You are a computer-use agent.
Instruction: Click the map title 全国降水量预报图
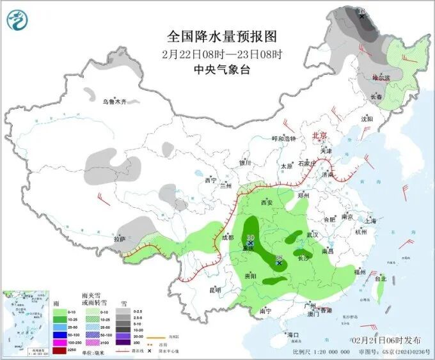[217, 35]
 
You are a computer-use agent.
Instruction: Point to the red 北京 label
[319, 136]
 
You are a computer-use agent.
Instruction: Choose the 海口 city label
[293, 334]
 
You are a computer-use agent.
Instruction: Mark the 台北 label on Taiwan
[380, 278]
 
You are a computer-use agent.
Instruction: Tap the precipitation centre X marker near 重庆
[251, 244]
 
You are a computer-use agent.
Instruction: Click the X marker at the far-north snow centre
[362, 14]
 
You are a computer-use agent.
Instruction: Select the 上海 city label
[368, 220]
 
